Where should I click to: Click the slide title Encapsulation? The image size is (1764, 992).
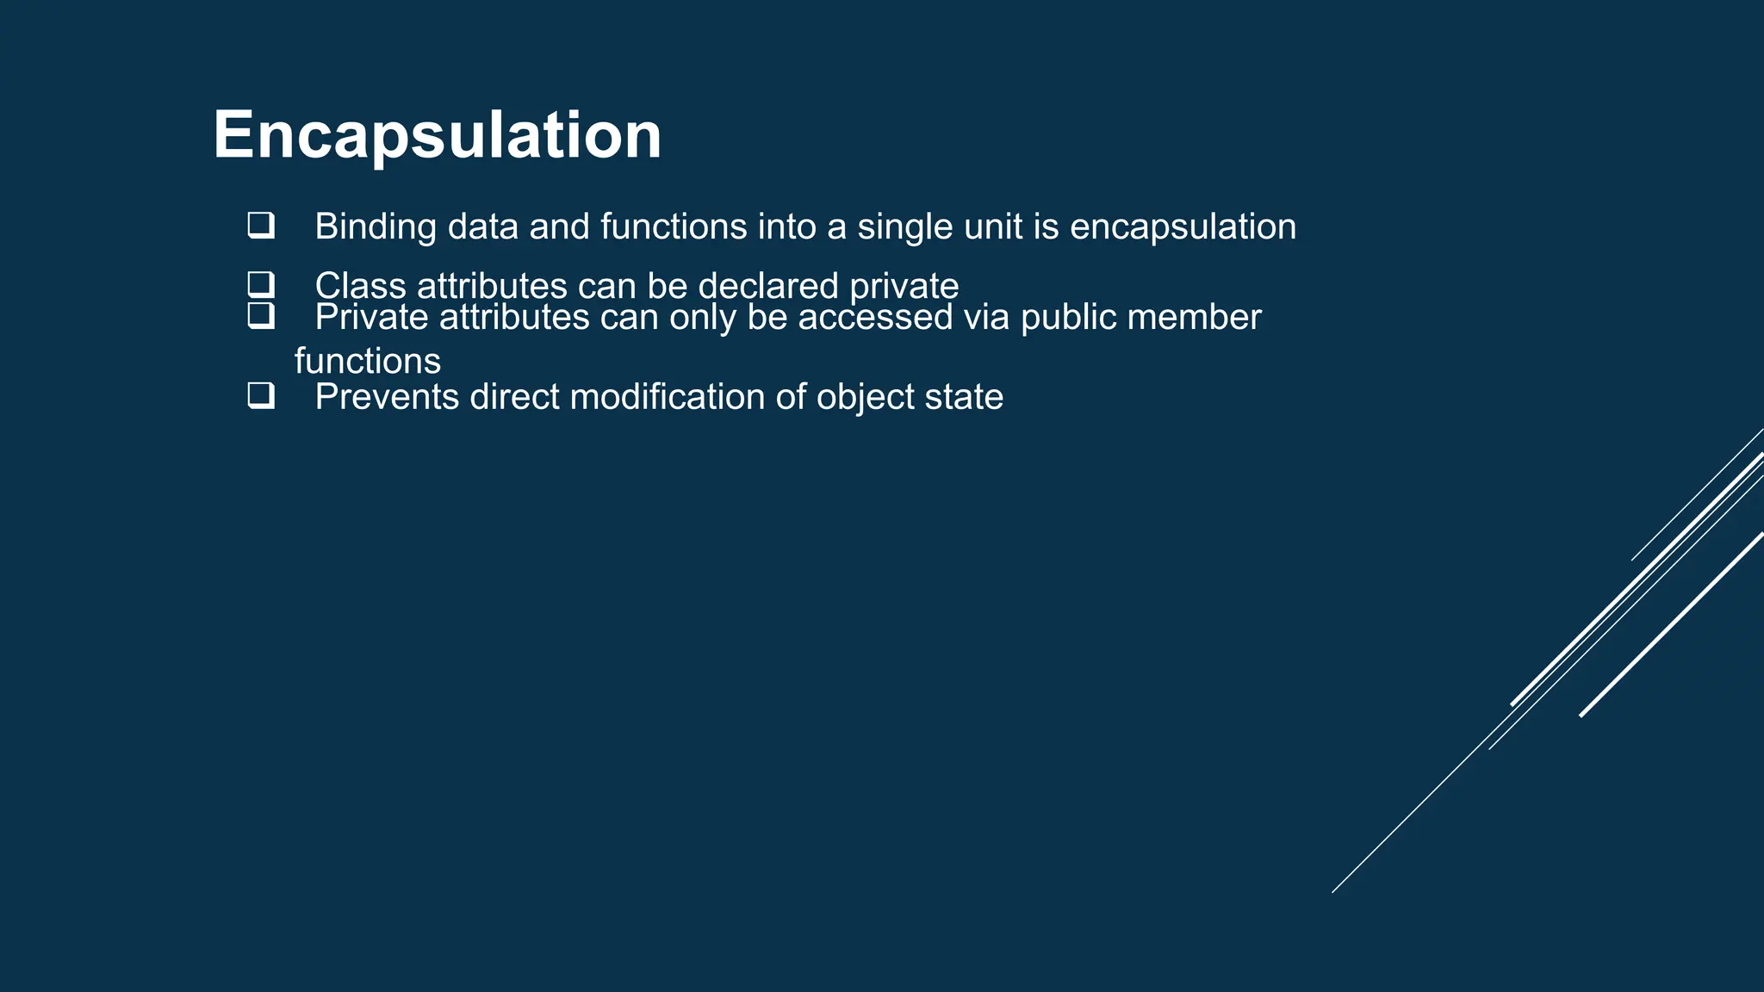tap(437, 135)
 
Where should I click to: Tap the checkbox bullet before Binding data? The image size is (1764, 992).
tap(261, 226)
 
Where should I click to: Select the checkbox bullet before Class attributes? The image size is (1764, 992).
tap(261, 284)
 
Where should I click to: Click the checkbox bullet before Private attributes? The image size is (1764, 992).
tap(261, 316)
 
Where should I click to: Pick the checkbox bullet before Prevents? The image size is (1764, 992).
tap(261, 396)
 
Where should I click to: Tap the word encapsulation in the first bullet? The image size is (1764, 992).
tap(1183, 227)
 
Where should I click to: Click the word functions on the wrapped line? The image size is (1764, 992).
tap(368, 361)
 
